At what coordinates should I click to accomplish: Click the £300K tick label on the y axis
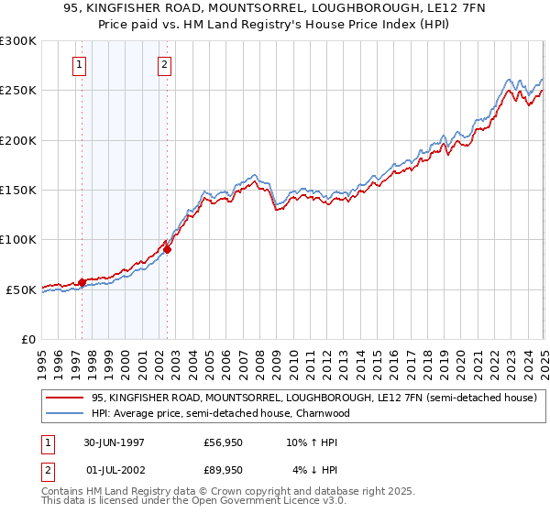(18, 41)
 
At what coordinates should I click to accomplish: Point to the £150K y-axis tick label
(18, 190)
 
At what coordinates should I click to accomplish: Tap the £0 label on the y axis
(28, 339)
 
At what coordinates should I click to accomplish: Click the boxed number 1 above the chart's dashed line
(81, 65)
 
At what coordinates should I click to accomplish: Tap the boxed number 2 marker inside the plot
(164, 65)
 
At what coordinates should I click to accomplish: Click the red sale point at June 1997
(82, 282)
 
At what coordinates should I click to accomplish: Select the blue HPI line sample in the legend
(65, 413)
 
